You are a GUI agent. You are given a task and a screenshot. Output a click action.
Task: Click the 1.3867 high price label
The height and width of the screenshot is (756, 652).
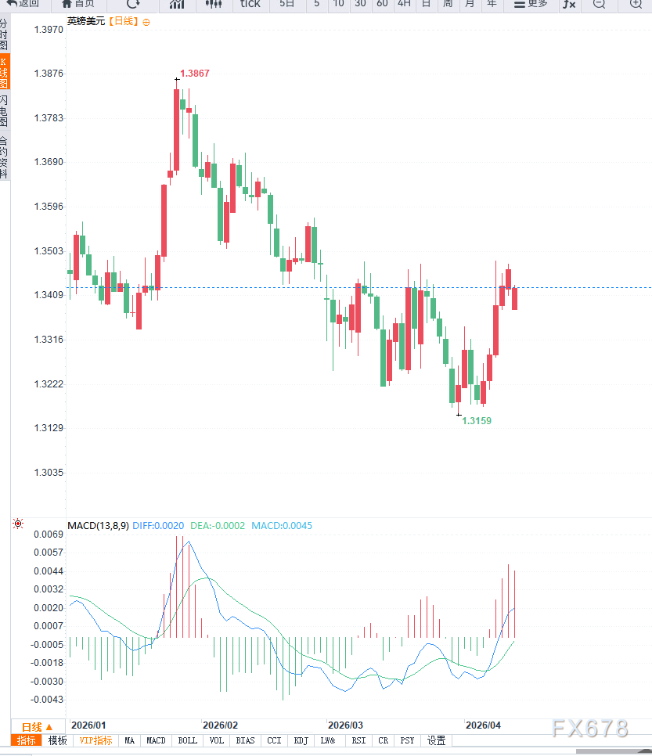point(194,74)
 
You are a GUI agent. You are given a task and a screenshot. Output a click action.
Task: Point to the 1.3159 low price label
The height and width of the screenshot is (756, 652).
point(477,421)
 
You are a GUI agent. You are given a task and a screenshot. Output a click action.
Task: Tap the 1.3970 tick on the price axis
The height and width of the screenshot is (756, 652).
point(48,30)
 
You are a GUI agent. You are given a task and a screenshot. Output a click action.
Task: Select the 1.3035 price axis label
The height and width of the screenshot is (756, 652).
point(48,473)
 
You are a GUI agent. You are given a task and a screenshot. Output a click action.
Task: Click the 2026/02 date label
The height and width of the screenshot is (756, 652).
point(220,725)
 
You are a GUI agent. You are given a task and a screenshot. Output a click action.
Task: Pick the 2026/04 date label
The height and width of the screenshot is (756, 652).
point(483,725)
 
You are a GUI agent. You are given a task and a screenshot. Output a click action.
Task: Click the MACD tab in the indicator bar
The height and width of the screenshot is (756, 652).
point(156,740)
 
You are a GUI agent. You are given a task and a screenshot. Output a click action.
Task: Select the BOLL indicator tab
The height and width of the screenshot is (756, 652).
point(187,740)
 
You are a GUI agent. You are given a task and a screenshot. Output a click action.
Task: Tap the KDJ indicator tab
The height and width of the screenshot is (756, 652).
point(301,740)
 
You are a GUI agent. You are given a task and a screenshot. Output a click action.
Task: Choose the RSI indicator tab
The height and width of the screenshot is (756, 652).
point(358,740)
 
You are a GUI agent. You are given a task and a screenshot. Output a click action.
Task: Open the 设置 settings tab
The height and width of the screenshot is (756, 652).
point(436,740)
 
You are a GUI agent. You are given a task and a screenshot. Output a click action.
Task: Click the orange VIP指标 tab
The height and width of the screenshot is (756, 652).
point(96,740)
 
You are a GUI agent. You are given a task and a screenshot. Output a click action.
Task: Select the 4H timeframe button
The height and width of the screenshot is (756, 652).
point(404,4)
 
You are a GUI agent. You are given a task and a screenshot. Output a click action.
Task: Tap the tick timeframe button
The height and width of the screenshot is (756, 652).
point(250,4)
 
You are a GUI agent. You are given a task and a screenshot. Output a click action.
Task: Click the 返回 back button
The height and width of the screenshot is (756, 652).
point(23,4)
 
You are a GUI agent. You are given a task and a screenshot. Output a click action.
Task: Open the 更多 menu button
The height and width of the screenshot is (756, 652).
point(531,4)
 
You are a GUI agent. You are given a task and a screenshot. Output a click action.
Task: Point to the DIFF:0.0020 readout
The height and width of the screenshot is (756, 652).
point(158,525)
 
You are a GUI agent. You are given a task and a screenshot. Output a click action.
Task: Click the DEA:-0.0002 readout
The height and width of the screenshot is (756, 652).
point(218,525)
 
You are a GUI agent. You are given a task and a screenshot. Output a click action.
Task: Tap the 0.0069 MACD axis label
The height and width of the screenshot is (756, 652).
point(48,535)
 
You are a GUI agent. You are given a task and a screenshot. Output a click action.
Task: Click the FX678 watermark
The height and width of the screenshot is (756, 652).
point(590,729)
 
